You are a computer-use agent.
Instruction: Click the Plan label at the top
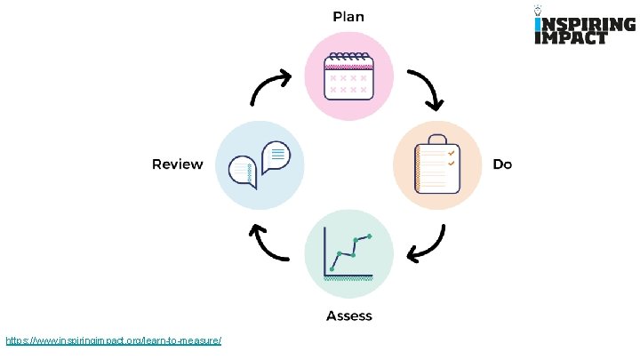[x=348, y=16]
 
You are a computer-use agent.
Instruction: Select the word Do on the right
[x=502, y=164]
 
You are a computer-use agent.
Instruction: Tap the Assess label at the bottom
[x=348, y=316]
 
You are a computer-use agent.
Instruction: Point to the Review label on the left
[x=178, y=164]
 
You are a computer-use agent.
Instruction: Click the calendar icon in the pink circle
[x=348, y=75]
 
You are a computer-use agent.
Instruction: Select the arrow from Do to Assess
[x=426, y=241]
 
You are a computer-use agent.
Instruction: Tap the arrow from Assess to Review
[x=269, y=242]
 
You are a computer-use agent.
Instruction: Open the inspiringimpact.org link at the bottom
[x=113, y=340]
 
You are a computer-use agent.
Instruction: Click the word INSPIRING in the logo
[x=572, y=23]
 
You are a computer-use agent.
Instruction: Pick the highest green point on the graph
[x=369, y=236]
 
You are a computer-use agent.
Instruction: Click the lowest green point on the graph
[x=332, y=268]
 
